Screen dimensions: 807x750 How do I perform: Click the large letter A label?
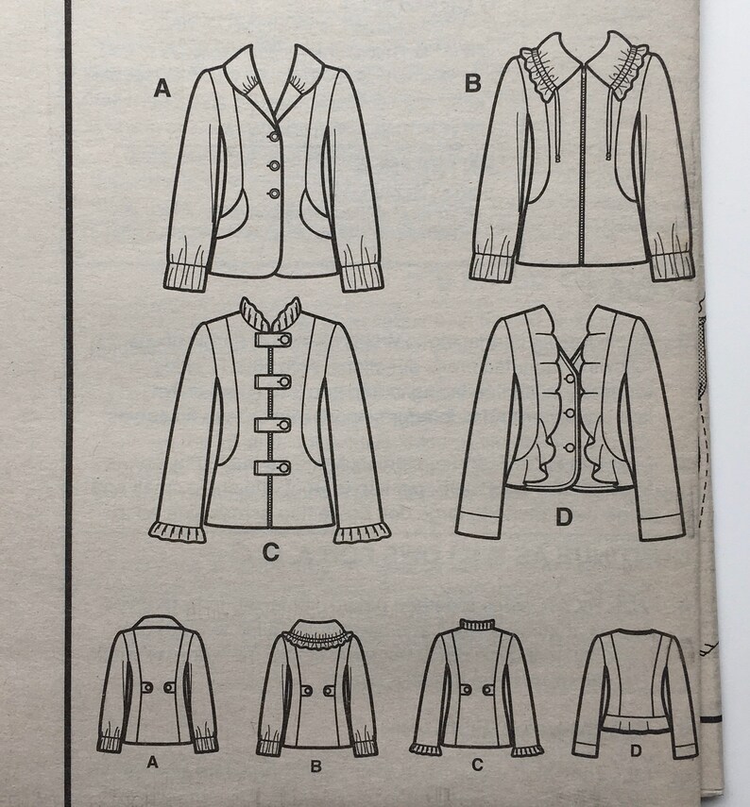coord(162,90)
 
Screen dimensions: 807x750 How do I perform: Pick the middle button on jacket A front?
coord(275,163)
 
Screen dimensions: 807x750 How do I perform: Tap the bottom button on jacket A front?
coord(275,193)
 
